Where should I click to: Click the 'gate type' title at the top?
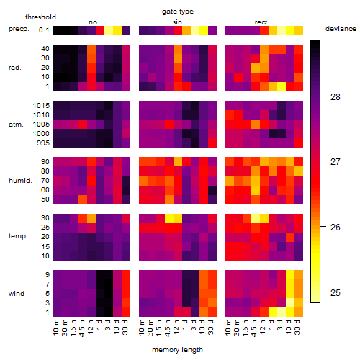[178, 12]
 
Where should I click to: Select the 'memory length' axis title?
[177, 350]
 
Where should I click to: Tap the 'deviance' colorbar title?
[341, 29]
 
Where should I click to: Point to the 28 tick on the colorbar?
[323, 96]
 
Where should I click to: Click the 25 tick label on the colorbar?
[336, 292]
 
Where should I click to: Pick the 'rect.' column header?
[261, 22]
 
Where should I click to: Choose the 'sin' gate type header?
[177, 22]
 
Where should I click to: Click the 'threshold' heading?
[40, 17]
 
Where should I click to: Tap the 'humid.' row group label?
[20, 181]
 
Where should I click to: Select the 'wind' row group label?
[17, 294]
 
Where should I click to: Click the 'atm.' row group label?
[16, 125]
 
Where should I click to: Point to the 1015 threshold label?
[41, 105]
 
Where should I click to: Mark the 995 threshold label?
[43, 143]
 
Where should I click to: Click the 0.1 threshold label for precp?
[44, 30]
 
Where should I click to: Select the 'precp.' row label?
[19, 29]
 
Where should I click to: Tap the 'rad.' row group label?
[15, 68]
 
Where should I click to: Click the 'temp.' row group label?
[18, 236]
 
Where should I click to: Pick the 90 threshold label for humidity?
[45, 162]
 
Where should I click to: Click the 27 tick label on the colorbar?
[336, 162]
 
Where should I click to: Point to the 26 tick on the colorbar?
[323, 226]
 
